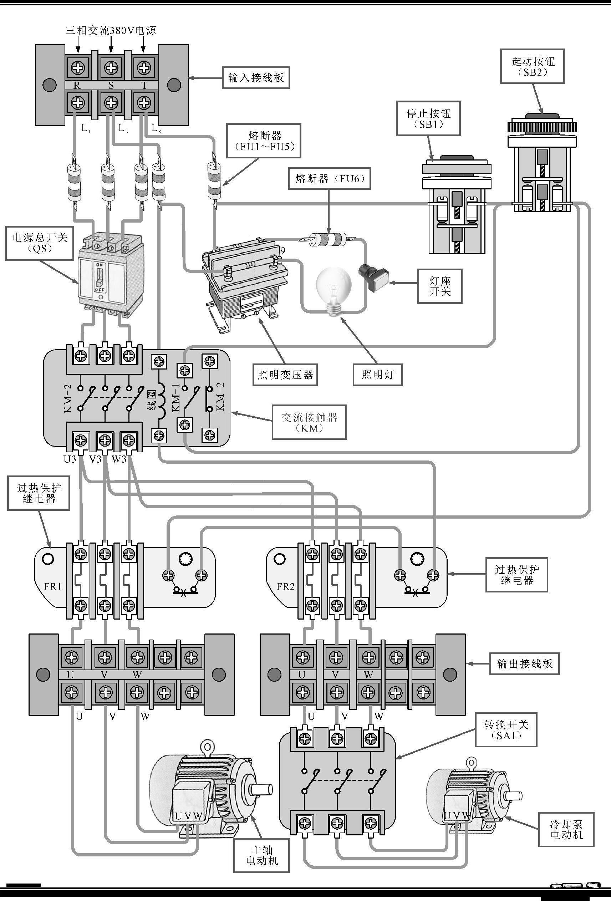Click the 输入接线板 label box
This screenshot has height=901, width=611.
coord(255,78)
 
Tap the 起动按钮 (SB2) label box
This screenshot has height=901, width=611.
coord(532,66)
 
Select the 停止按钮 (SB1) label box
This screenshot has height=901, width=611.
coord(428,119)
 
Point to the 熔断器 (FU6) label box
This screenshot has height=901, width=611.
coord(329,179)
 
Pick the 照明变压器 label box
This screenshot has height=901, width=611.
coord(285,375)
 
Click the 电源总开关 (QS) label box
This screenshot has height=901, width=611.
coord(40,243)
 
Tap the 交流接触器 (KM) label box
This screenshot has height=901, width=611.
coord(309,422)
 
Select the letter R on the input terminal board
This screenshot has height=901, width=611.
coord(77,86)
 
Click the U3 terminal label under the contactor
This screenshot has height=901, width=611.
coord(70,459)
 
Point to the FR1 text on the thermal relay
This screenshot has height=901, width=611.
coord(53,586)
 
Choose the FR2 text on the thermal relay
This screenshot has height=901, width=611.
coord(286,586)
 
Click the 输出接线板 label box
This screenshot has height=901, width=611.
coord(524,664)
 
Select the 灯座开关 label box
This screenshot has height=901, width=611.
coord(440,286)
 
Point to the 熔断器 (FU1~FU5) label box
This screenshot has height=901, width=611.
coord(264,141)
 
